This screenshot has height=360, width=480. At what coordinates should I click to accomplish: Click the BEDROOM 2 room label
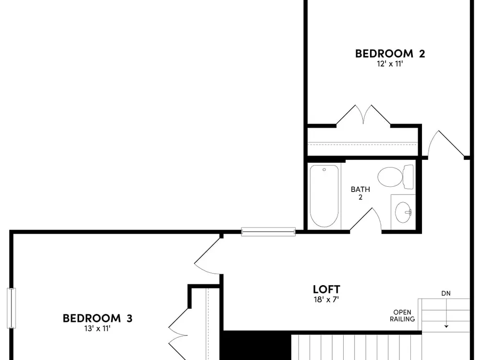[390, 54]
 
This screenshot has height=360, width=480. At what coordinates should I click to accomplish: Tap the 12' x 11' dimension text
[390, 64]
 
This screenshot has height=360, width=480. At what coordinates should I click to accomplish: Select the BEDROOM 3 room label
[97, 318]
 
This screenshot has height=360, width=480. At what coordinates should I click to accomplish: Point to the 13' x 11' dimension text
[97, 329]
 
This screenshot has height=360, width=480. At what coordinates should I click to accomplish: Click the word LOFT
[326, 289]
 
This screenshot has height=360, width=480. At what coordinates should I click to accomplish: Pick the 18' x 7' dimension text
[326, 300]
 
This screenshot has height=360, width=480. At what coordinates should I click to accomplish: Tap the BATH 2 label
[360, 193]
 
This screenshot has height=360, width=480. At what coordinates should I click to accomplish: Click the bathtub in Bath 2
[324, 196]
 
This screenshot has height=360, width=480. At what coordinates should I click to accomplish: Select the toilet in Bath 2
[396, 177]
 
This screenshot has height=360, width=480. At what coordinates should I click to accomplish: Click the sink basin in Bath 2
[403, 212]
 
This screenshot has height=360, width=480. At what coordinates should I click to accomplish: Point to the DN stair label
[446, 293]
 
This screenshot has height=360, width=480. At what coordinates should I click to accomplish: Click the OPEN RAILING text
[402, 316]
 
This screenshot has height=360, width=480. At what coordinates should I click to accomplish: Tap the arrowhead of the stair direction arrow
[446, 326]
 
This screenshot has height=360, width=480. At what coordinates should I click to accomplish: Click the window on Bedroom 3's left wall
[12, 308]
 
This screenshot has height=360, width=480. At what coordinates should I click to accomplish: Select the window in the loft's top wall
[268, 232]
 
